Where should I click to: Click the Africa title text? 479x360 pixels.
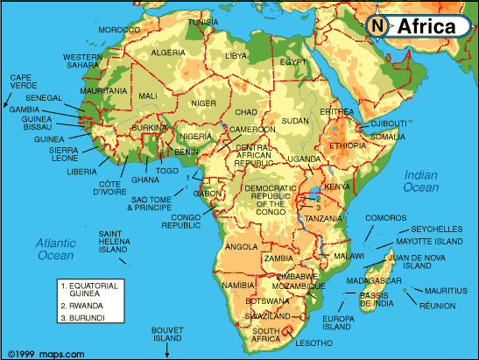pyautogui.click(x=426, y=26)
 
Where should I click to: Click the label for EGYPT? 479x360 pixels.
pyautogui.click(x=293, y=62)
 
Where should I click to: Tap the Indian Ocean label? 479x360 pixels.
pyautogui.click(x=420, y=180)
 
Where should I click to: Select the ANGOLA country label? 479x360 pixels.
pyautogui.click(x=242, y=247)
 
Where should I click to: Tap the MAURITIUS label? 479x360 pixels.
pyautogui.click(x=447, y=290)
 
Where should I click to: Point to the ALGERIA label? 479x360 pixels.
pyautogui.click(x=167, y=53)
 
